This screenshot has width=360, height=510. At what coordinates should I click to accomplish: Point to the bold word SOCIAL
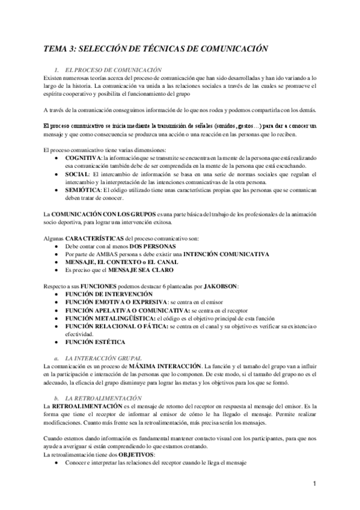tap(79, 174)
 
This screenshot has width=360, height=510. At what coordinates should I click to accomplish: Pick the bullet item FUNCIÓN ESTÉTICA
tap(96, 342)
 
